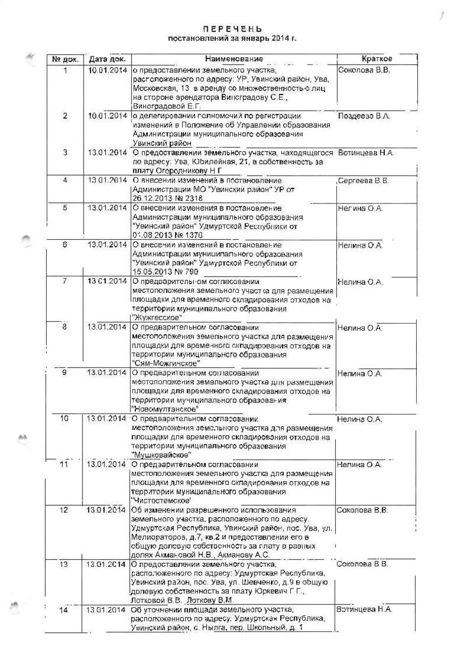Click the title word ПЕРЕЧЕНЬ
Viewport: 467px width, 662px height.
[232, 29]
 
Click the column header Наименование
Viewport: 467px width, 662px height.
[233, 59]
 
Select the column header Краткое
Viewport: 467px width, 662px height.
[377, 59]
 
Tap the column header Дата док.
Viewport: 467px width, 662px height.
[107, 59]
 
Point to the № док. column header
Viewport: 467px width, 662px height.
[65, 59]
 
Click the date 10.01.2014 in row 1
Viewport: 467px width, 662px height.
[107, 70]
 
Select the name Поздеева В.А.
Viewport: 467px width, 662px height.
[364, 116]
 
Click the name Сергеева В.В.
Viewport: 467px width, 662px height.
[364, 181]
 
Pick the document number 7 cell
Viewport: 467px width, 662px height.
[65, 281]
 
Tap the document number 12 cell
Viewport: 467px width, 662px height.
[65, 510]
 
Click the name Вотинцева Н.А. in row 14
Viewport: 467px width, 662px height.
[364, 609]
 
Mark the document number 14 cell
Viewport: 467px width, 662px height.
[65, 610]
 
